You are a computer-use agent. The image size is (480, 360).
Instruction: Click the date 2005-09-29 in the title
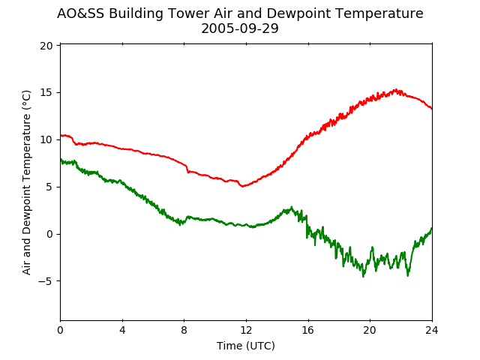point(240,28)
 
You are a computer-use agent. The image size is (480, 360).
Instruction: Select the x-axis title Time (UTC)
point(246,346)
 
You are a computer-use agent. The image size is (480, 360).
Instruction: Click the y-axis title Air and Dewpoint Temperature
point(27,182)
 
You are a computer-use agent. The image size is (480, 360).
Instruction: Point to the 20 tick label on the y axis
point(46,46)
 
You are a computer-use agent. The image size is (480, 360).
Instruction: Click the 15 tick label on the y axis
point(46,93)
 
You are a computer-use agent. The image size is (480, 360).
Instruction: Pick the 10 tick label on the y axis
point(46,140)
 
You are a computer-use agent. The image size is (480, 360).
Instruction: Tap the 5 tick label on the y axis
point(49,187)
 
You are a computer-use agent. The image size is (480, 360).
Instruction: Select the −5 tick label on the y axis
point(45,281)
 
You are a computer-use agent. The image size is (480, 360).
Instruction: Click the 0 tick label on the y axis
point(49,234)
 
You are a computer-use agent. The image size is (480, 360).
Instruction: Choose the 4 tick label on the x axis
point(122,330)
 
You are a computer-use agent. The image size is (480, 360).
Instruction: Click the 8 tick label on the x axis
point(184,330)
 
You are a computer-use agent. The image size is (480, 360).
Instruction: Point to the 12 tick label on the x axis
point(246,330)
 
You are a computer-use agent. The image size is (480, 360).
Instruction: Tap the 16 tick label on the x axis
point(308,330)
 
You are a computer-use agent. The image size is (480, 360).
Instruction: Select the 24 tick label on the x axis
point(432,330)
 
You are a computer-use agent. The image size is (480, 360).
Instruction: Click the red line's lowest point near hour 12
point(242,186)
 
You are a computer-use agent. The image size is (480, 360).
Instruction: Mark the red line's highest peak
point(396,89)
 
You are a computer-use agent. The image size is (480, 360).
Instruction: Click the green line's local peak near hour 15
point(292,207)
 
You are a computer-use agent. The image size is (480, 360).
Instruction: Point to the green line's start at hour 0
point(61,159)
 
